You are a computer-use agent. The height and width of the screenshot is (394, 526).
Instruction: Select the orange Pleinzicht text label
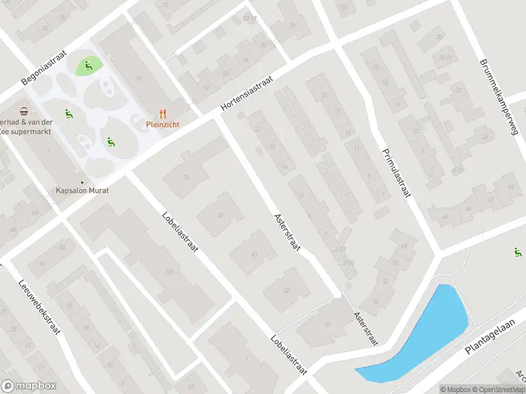[163, 123]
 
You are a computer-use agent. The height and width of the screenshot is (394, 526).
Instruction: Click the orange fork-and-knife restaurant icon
[163, 113]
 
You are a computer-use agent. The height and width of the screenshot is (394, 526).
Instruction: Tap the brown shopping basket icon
[24, 111]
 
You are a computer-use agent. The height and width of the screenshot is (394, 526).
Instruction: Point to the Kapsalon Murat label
[82, 190]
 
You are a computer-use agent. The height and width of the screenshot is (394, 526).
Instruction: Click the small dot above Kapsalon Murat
[82, 182]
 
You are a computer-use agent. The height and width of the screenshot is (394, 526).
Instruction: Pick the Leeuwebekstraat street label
[39, 303]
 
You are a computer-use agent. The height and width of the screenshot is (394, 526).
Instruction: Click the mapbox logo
[29, 386]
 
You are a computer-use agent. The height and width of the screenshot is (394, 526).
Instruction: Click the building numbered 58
[220, 215]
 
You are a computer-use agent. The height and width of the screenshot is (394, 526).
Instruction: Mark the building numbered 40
[254, 255]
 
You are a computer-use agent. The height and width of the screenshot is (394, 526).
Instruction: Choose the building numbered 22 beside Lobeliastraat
[285, 290]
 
